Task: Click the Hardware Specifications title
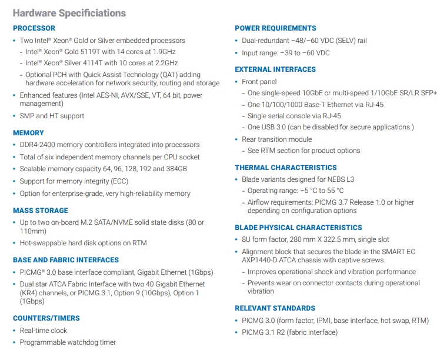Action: pos(69,13)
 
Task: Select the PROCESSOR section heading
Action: pos(34,28)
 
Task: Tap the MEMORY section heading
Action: pos(28,133)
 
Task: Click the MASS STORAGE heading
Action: pos(41,211)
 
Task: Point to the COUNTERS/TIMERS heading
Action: pos(46,318)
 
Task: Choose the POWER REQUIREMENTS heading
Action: pos(275,28)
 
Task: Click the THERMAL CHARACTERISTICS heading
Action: pos(286,168)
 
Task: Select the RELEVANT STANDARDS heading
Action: pos(275,308)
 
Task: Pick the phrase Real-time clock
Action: pos(44,331)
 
